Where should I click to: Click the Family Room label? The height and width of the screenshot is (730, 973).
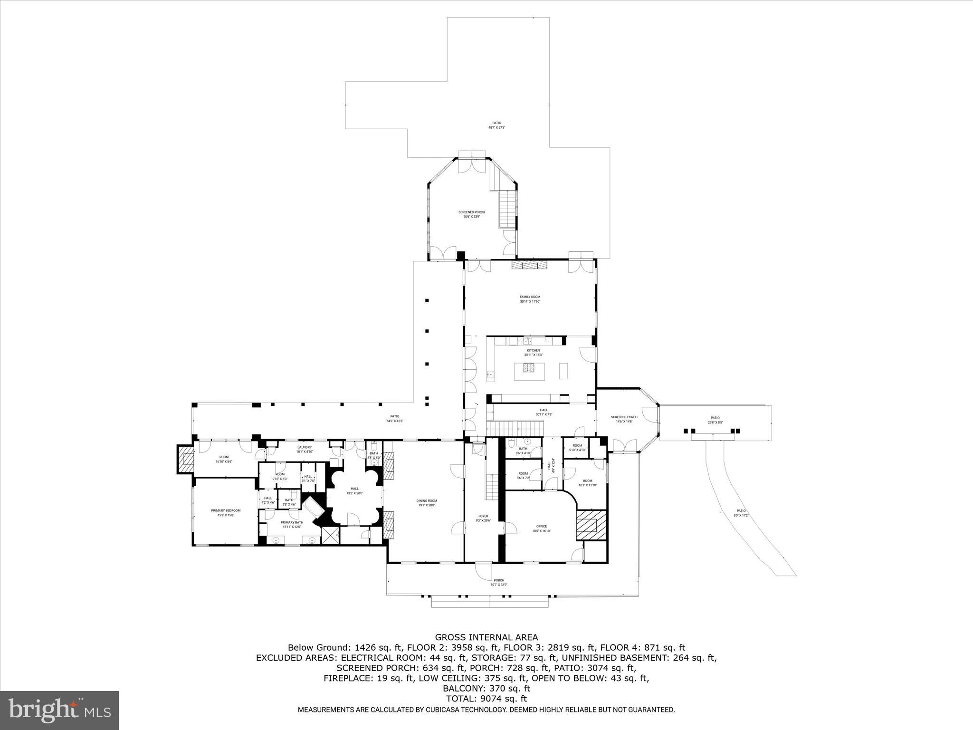tap(530, 299)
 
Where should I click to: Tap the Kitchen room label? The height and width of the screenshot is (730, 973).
tap(533, 353)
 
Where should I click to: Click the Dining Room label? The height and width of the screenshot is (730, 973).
tap(426, 503)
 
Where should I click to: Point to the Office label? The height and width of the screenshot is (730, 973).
tap(541, 528)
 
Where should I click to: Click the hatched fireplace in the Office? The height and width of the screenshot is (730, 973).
tap(591, 525)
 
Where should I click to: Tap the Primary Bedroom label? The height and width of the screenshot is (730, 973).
tap(226, 513)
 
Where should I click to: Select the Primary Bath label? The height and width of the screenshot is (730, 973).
tap(292, 524)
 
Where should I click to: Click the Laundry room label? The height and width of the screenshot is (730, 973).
tap(304, 449)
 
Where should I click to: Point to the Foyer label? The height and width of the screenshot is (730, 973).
tap(483, 518)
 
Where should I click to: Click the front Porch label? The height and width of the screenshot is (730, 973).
tap(498, 582)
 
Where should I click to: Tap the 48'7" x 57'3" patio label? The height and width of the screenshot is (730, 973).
tap(496, 125)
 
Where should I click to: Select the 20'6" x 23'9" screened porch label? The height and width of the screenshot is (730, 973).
tap(471, 214)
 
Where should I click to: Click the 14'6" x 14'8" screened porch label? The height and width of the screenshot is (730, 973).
tap(624, 419)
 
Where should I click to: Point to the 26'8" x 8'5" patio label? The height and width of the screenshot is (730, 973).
tap(715, 420)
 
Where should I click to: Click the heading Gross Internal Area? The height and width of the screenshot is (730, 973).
tap(486, 637)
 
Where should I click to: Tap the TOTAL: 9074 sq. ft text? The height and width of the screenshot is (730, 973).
tap(486, 699)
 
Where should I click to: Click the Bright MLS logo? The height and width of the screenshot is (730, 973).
tap(59, 710)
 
